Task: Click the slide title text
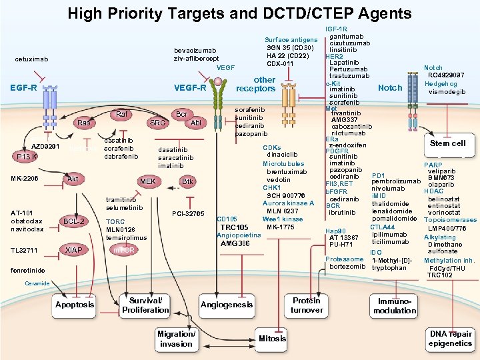[239, 13]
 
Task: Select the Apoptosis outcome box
[75, 305]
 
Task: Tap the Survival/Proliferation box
[145, 305]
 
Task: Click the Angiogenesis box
[227, 305]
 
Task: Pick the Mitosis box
[273, 338]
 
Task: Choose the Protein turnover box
[307, 305]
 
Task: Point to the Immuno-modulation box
[395, 306]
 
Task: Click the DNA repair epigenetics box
[450, 338]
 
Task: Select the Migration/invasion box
[176, 339]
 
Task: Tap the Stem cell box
[448, 143]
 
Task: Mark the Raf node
[122, 114]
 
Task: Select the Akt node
[73, 179]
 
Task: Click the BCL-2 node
[73, 221]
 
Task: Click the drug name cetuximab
[31, 59]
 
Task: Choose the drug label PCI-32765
[187, 213]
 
